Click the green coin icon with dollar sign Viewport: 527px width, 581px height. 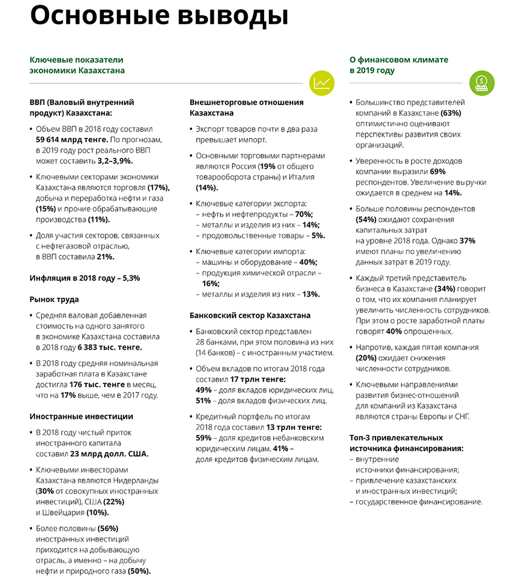482,82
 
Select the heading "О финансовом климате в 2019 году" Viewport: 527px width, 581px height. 399,65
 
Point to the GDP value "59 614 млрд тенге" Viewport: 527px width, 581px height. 73,139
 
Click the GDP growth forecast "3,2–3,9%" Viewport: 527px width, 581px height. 114,161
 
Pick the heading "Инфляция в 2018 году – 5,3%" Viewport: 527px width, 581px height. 85,278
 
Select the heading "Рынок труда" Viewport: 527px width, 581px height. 54,299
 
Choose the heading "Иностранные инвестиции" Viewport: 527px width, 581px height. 81,416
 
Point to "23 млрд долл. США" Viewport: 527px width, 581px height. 109,454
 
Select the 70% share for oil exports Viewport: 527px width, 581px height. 304,214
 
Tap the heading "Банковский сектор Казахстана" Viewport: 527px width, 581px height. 250,315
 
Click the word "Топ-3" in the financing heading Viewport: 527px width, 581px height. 362,437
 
